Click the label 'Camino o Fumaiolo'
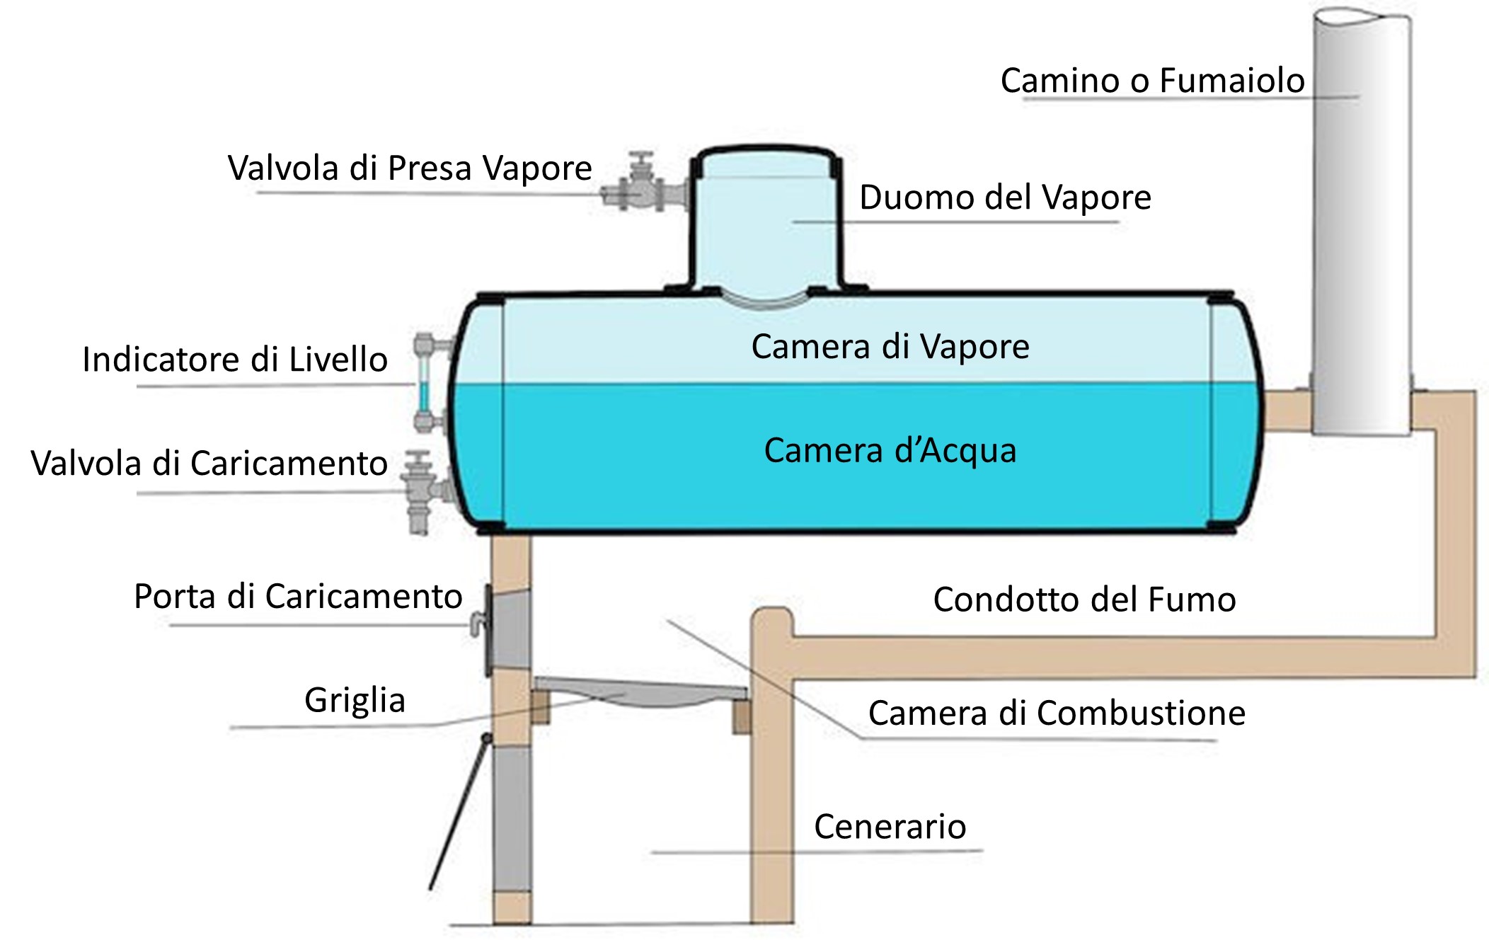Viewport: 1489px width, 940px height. [x=1152, y=81]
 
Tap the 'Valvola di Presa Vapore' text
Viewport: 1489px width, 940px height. [x=409, y=168]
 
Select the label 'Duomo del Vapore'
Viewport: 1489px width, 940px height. [x=1005, y=197]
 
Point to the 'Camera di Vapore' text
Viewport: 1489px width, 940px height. [x=890, y=347]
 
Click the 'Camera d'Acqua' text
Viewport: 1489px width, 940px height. [x=890, y=451]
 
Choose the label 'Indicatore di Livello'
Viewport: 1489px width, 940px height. [x=235, y=360]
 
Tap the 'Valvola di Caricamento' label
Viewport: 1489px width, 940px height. [x=209, y=464]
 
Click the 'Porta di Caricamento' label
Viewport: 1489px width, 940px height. [x=298, y=597]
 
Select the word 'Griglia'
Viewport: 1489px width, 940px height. [x=355, y=701]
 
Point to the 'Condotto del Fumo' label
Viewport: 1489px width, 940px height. [x=1084, y=600]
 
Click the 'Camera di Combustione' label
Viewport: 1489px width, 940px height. [x=1057, y=713]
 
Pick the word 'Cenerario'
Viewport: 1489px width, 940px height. [x=890, y=827]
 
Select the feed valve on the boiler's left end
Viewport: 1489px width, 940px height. [x=422, y=488]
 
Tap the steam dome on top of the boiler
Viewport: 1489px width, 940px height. [x=766, y=219]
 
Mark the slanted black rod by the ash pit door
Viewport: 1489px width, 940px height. [x=459, y=814]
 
